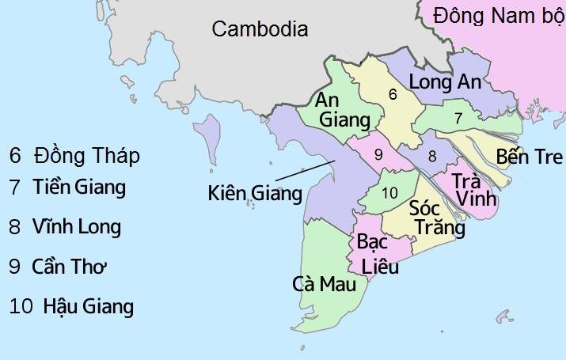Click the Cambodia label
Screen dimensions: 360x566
pos(260,29)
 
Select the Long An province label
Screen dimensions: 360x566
pos(444,82)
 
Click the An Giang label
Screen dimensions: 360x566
pos(343,110)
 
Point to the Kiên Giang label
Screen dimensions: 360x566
pos(255,192)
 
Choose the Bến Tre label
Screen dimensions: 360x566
pos(530,156)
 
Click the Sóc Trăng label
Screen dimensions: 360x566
pos(436,218)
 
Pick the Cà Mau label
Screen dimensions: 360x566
pos(325,284)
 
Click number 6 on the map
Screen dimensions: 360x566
pos(392,94)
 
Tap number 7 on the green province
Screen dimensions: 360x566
pos(458,118)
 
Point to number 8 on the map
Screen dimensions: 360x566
pos(431,157)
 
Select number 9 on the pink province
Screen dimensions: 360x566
pos(378,153)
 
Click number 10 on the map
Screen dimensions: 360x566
pos(389,192)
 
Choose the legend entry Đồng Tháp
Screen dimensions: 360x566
pos(75,156)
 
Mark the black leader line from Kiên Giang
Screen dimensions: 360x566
pos(304,172)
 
